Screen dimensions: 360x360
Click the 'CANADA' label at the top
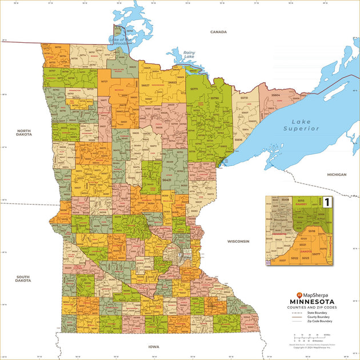219,32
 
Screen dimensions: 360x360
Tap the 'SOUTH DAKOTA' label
23,279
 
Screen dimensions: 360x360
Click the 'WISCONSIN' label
238,241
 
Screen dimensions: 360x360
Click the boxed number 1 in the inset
327,202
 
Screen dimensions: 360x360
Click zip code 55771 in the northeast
194,89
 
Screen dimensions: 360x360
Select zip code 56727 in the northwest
104,82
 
